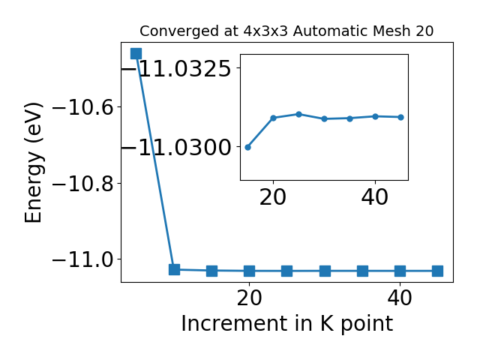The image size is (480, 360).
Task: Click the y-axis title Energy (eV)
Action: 33,163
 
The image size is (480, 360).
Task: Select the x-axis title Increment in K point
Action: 286,323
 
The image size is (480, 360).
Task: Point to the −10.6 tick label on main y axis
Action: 83,107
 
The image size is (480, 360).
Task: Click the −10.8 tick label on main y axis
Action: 83,183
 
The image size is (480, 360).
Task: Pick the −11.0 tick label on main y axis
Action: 83,259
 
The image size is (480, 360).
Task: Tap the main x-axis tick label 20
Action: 249,298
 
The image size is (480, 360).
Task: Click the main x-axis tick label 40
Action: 400,298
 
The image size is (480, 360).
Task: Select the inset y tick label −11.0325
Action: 176,68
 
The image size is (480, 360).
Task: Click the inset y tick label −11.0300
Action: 176,148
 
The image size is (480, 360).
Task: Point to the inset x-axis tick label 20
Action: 273,197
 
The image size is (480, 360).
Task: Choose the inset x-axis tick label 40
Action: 375,197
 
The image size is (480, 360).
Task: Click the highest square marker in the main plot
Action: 136,53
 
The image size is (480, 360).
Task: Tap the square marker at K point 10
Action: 174,270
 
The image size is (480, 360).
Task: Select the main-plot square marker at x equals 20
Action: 250,271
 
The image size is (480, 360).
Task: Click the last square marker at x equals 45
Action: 438,271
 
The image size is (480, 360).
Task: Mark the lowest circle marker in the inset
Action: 248,147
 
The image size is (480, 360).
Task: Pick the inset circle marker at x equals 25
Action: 298,114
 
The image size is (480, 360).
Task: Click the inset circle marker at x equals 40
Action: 375,116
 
